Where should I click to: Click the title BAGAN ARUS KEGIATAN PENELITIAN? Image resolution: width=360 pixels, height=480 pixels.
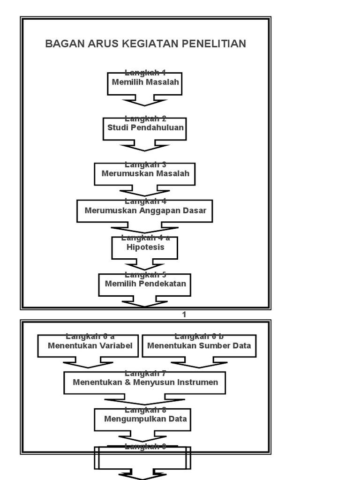point(145,44)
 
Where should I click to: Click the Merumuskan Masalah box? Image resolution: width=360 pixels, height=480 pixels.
point(144,174)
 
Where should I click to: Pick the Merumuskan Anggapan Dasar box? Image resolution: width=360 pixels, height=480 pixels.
point(144,211)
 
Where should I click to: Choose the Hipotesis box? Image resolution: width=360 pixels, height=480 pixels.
point(144,247)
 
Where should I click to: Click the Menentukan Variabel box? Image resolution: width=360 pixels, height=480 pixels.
point(88,346)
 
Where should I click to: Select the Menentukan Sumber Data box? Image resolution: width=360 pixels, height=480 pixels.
point(199,346)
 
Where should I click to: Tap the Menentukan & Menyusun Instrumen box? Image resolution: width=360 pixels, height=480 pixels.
point(144,382)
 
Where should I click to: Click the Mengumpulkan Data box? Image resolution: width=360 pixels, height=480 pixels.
point(144,419)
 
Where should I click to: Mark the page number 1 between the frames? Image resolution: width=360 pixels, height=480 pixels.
point(184,315)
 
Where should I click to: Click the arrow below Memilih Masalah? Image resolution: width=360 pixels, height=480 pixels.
point(144,100)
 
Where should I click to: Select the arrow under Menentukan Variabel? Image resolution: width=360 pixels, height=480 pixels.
point(88,363)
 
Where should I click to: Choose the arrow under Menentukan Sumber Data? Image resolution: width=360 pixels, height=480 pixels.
point(199,363)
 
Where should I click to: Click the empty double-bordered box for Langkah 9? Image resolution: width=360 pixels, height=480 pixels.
point(143,458)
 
